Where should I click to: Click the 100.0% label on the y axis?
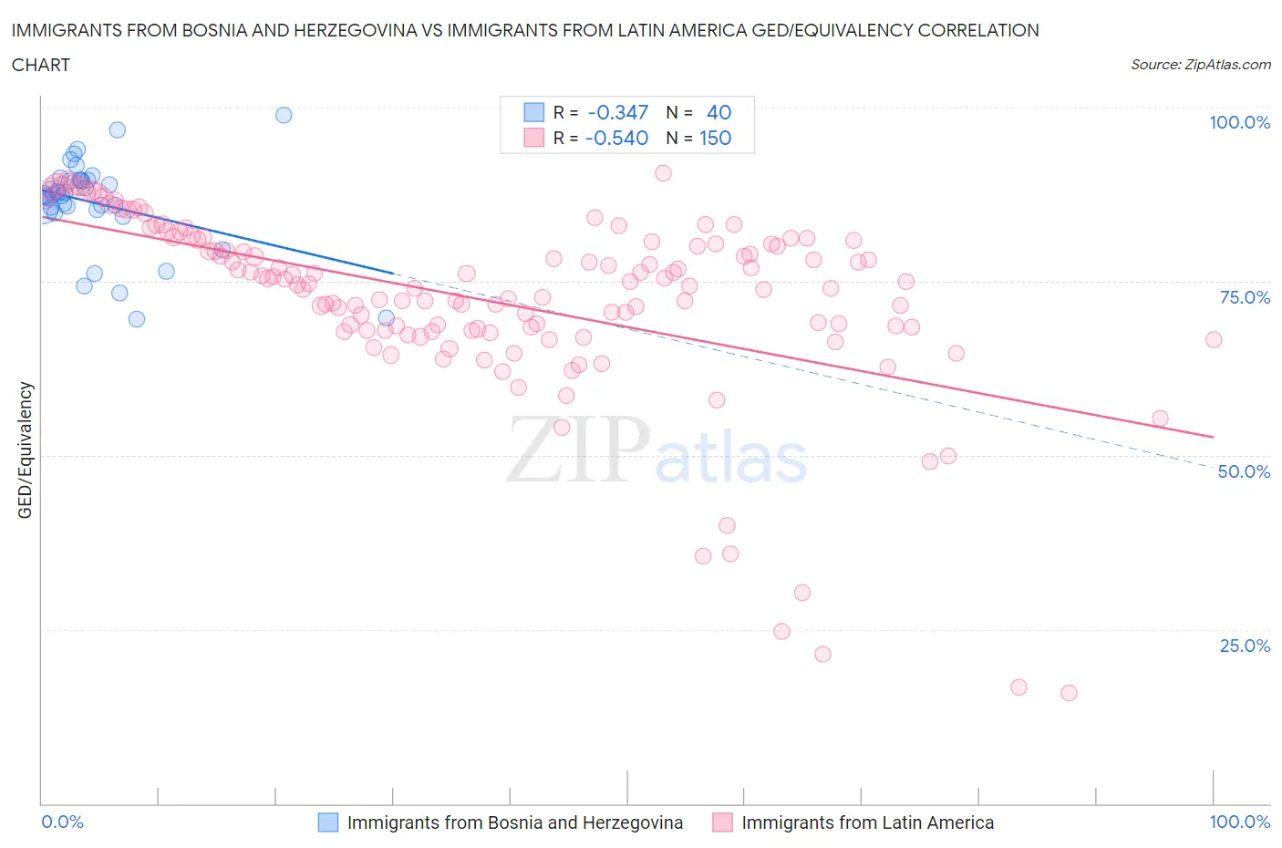[1239, 122]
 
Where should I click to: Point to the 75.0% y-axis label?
[1245, 297]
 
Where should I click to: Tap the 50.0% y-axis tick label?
[1244, 471]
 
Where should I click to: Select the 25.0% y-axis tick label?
[1245, 646]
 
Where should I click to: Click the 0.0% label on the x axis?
[62, 822]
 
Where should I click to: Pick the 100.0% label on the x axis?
[1239, 822]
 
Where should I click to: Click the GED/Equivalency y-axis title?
[26, 450]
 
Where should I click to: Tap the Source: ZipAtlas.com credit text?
[1200, 64]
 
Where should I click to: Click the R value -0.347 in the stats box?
[617, 112]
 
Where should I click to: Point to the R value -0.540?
[617, 138]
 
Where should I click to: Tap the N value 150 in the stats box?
[715, 138]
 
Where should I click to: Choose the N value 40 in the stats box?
[719, 112]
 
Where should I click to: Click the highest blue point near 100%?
[284, 115]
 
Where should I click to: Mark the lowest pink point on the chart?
[1069, 693]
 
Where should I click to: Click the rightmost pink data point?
[1214, 339]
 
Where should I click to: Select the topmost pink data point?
[663, 173]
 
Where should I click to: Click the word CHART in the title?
[41, 65]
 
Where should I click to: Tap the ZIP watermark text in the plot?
[578, 450]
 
